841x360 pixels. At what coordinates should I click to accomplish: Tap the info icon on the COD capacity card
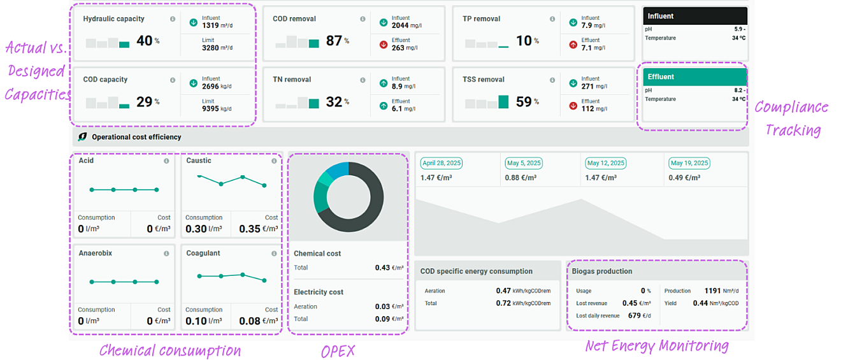(173, 80)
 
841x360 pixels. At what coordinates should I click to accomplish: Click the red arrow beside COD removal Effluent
(384, 45)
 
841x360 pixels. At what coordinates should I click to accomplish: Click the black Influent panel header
(694, 16)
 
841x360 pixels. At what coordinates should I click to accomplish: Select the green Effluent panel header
(694, 76)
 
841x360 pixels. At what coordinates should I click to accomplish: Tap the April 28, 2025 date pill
(441, 163)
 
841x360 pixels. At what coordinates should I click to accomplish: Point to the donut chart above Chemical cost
(349, 197)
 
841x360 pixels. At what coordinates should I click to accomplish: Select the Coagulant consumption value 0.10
(196, 321)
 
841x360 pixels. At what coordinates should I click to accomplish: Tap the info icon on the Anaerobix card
(166, 254)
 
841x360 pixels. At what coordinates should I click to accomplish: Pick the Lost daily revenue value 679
(635, 315)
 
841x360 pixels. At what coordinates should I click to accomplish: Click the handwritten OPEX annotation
(338, 351)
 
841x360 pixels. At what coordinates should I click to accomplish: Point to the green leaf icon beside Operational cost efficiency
(83, 137)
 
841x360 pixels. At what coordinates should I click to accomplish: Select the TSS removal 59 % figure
(524, 101)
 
